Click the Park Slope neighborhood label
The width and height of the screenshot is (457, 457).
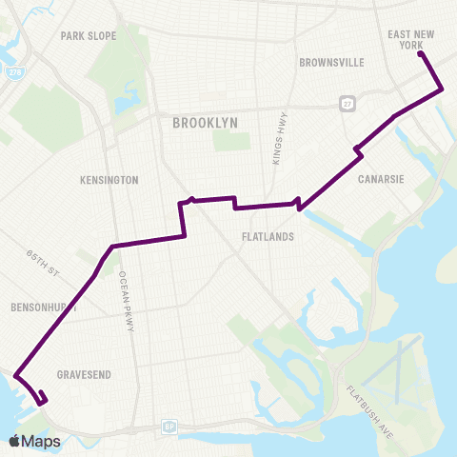88,36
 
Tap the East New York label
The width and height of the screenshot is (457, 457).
412,39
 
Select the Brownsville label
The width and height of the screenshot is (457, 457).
331,63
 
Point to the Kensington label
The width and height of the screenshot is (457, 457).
110,180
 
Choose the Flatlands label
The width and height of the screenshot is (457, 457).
267,236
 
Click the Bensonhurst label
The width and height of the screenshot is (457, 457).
39,310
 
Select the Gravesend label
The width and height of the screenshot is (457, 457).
86,374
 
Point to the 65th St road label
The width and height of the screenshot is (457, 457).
43,264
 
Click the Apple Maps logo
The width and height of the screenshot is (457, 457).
34,441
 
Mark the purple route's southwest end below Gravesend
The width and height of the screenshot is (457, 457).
44,403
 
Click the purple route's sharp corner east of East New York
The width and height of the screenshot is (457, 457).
443,89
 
